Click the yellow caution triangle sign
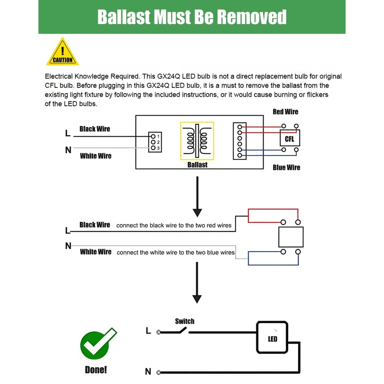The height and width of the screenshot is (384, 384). pos(62,53)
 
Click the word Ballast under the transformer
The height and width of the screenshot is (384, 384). pos(197,165)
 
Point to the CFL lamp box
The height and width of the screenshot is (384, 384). pos(289,139)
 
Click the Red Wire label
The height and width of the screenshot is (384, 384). pos(285,112)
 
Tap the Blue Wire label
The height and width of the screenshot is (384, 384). pos(286,168)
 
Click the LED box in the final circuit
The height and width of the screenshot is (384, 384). pos(272,338)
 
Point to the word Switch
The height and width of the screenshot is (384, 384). pos(185,321)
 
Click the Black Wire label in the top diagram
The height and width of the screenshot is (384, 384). pos(95,129)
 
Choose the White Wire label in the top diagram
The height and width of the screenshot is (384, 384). pos(96,156)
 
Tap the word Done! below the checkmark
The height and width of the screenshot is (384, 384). pos(96,370)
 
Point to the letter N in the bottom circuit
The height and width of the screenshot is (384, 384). pos(148,372)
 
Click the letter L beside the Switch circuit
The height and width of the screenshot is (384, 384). pos(148,331)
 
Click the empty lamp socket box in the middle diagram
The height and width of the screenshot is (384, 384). pos(291,237)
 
